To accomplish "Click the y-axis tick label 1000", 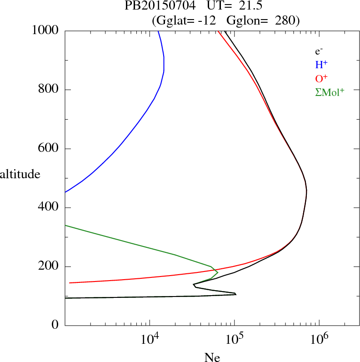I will tap(46, 30).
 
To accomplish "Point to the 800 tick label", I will tap(49, 90).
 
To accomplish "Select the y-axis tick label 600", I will tap(49, 149).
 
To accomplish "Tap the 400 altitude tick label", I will tap(49, 208).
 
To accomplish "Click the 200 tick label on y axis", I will tap(49, 266).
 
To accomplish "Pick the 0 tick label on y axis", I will tap(55, 326).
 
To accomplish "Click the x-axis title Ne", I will tap(212, 358).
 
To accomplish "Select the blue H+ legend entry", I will tap(321, 65).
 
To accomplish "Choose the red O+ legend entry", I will tap(321, 78).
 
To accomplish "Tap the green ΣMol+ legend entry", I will tap(330, 92).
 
